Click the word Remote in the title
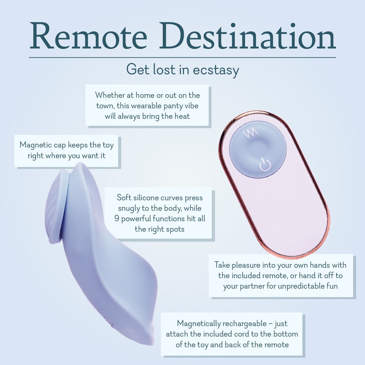[x=88, y=37]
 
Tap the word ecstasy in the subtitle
[x=216, y=70]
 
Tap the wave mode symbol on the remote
[x=250, y=134]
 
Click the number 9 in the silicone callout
[x=116, y=218]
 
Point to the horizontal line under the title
[x=182, y=58]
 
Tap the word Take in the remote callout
[x=222, y=265]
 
